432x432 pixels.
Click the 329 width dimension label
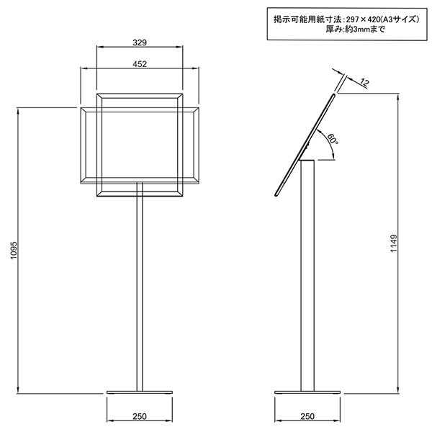(140, 42)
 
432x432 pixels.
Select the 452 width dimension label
(140, 64)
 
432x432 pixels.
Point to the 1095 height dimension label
(14, 250)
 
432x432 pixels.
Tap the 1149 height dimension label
(394, 243)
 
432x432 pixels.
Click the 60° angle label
(332, 138)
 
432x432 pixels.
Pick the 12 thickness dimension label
(364, 82)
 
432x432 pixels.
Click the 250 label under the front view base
(140, 416)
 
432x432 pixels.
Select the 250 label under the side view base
(307, 416)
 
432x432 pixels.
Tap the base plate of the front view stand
(140, 392)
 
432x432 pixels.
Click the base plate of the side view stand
(307, 392)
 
